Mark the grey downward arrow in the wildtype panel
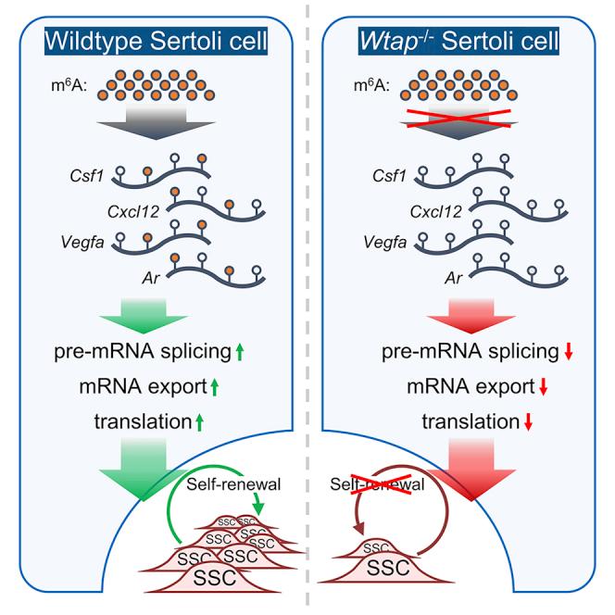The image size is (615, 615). click(155, 139)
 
